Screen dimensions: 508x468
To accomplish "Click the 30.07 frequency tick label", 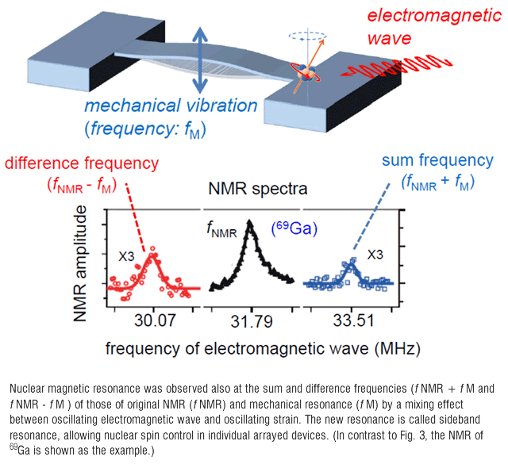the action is tap(155, 320).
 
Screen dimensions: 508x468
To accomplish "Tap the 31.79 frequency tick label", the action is tap(252, 322).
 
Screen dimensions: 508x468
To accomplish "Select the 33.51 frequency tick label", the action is tap(354, 320).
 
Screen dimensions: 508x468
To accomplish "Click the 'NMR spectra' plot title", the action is tap(258, 188).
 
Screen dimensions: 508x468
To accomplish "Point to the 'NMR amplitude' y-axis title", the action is tap(80, 263).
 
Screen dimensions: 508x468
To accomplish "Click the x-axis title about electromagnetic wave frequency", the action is tap(263, 349).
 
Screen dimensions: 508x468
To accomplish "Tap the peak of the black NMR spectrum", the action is tap(249, 221).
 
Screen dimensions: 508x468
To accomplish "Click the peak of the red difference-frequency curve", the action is tap(152, 254).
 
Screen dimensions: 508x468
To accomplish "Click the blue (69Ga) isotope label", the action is tap(294, 228).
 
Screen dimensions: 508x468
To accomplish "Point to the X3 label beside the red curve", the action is tap(126, 257).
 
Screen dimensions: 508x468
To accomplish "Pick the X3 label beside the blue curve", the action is tap(375, 255).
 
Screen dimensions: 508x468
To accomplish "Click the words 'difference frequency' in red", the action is tap(82, 163).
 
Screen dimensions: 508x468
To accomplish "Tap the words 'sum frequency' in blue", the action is tap(437, 160).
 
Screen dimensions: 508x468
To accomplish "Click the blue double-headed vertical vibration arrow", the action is tap(200, 60).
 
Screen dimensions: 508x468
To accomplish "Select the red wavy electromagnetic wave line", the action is tap(396, 67).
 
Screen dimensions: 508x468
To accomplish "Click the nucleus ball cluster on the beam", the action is tap(306, 72).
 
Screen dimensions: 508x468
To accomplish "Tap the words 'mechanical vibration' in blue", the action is tap(171, 105).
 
